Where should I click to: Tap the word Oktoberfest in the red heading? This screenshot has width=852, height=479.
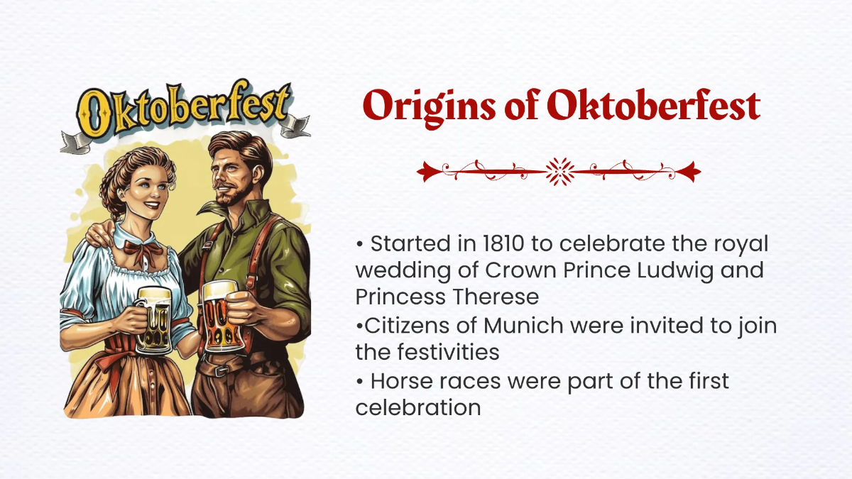point(653,107)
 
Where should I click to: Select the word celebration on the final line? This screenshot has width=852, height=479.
point(418,407)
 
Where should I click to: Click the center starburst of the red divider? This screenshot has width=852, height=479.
point(559,171)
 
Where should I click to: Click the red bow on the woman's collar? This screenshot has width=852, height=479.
point(139,250)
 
